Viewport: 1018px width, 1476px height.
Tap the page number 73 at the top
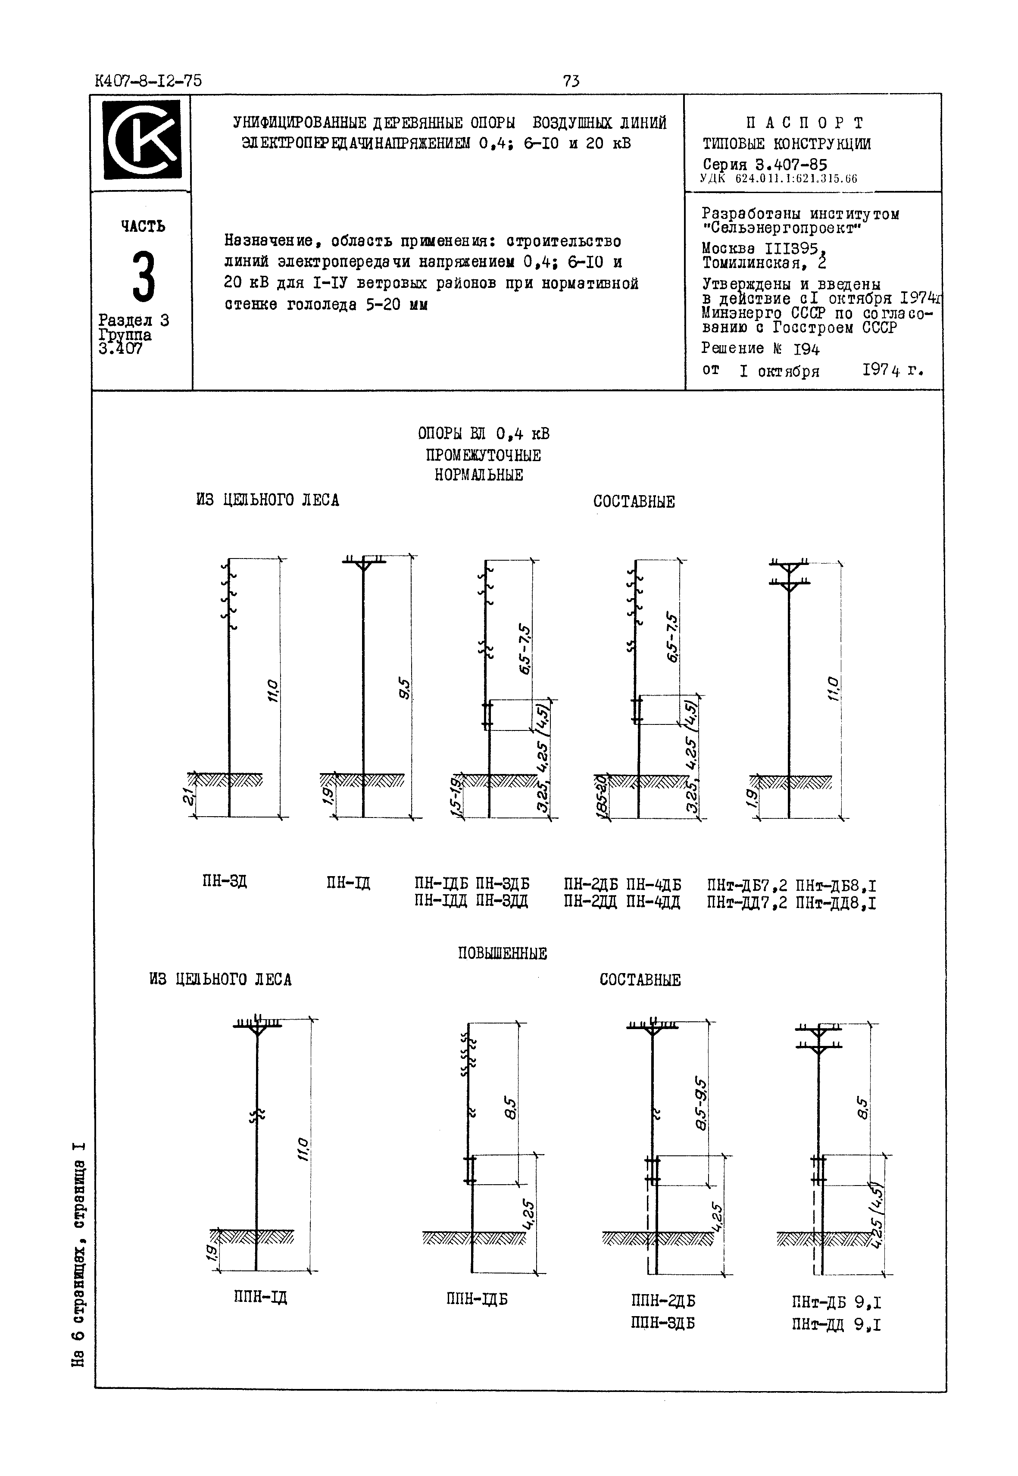[x=571, y=81]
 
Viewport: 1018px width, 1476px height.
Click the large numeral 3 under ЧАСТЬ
[x=144, y=278]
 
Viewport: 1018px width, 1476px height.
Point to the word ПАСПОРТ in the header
[x=805, y=122]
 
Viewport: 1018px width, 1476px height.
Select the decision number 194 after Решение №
[x=806, y=349]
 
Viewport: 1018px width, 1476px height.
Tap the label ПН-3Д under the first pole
[x=224, y=882]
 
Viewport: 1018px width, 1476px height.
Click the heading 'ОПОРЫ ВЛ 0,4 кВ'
[x=484, y=434]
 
